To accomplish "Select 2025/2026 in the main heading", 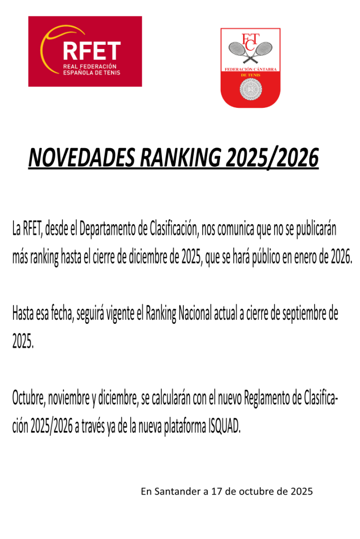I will click(x=272, y=159).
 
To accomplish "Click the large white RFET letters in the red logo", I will click(x=91, y=51).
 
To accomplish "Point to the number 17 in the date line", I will click(x=216, y=491).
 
